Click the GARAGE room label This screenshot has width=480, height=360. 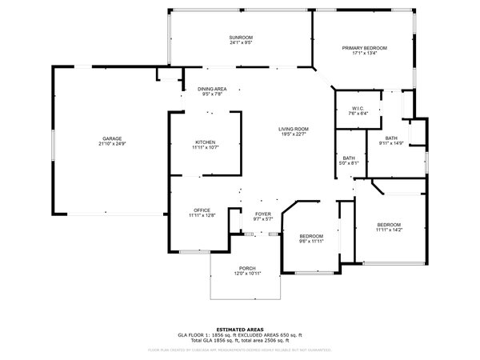click(x=111, y=138)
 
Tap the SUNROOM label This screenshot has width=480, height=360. click(x=241, y=38)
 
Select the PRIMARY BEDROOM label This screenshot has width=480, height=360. click(x=364, y=48)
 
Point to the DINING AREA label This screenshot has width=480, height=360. click(x=212, y=89)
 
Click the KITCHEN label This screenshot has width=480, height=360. click(x=205, y=142)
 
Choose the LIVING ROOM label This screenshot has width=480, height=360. click(x=294, y=129)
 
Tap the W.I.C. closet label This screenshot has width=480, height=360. click(x=358, y=109)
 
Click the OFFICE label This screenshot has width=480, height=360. click(x=202, y=210)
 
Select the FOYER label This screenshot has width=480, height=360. click(x=263, y=214)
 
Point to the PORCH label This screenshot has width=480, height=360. click(x=247, y=268)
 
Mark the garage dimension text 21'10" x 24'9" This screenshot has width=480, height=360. click(x=111, y=144)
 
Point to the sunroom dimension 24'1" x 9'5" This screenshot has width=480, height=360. click(x=241, y=43)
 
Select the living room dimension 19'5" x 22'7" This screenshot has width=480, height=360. click(x=294, y=134)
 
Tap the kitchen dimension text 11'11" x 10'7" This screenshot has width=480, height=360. click(x=205, y=147)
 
